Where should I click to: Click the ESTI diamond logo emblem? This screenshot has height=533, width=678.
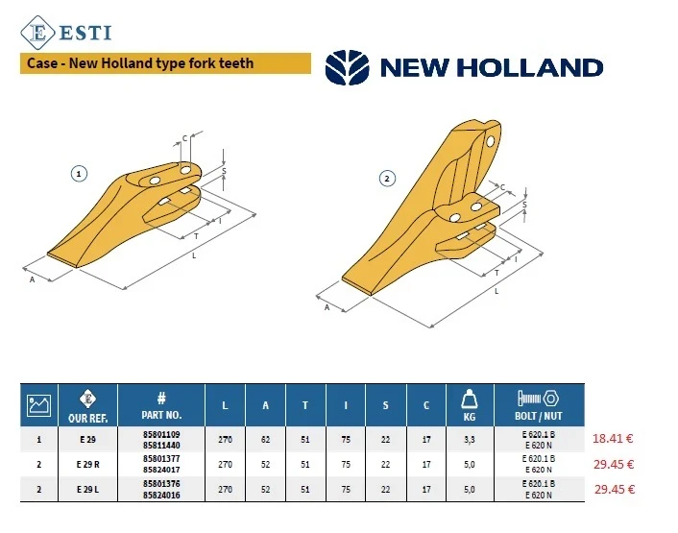click(37, 33)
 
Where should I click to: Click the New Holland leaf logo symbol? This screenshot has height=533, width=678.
click(348, 67)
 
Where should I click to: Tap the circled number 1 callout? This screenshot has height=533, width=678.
click(79, 174)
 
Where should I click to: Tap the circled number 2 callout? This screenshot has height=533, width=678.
click(387, 178)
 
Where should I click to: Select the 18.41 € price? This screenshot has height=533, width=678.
click(613, 438)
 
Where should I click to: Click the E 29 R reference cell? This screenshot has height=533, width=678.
click(87, 464)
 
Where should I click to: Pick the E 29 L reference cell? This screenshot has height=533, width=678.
click(87, 490)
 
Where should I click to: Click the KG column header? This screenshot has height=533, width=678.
click(470, 405)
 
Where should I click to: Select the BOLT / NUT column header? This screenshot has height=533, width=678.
click(539, 405)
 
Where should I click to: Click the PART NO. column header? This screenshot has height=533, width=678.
click(161, 405)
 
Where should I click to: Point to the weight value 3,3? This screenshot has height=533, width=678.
click(470, 440)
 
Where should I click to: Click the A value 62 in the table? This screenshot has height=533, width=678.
click(265, 440)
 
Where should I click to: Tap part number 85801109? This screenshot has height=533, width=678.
click(161, 434)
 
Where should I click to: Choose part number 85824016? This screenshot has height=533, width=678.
click(161, 495)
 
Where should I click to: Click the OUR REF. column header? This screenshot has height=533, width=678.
click(87, 405)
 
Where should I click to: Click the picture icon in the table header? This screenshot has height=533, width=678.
click(39, 405)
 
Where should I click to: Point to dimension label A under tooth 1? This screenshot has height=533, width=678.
click(32, 279)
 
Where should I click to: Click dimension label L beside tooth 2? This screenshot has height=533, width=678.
click(496, 291)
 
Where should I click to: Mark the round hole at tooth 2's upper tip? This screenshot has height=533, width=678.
click(491, 141)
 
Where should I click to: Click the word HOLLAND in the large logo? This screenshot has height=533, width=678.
click(530, 68)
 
